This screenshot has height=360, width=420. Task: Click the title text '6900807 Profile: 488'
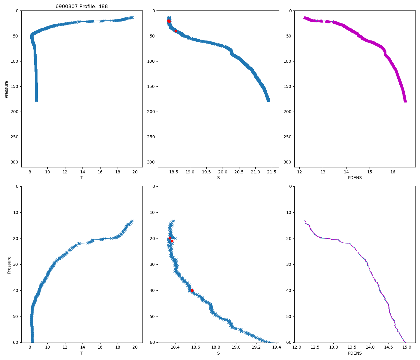82,6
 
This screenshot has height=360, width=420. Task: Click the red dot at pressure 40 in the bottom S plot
192,290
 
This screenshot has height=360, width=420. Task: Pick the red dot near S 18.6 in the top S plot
176,31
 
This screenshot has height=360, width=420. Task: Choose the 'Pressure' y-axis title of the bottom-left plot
9,265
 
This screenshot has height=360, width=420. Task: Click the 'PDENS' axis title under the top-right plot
355,178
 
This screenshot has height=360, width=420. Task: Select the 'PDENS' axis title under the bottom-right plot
355,353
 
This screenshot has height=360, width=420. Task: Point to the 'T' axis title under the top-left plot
82,178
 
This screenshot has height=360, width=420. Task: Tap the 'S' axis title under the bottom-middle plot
218,353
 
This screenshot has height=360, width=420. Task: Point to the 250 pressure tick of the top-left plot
15,137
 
